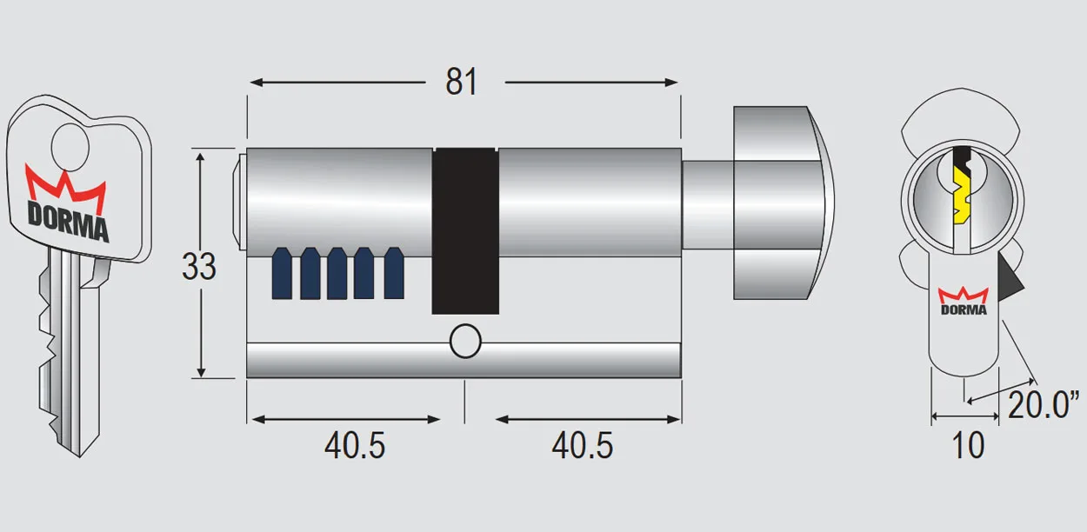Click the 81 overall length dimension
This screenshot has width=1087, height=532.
click(x=462, y=82)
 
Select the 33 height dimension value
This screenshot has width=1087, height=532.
click(x=199, y=266)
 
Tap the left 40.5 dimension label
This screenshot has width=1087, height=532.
click(x=355, y=446)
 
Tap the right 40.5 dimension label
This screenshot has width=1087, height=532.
click(x=582, y=446)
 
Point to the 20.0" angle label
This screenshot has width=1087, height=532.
click(x=1044, y=405)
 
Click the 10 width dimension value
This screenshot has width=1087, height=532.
click(x=968, y=446)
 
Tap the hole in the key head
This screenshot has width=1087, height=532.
click(x=69, y=145)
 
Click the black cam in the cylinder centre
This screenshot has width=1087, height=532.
click(x=466, y=230)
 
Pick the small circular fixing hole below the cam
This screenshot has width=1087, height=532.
click(x=465, y=342)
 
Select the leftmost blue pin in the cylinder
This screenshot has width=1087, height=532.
click(x=282, y=273)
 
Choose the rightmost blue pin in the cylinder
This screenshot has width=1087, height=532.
click(x=394, y=273)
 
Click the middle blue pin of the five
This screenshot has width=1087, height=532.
click(x=337, y=273)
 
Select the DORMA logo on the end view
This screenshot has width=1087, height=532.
click(x=964, y=301)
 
